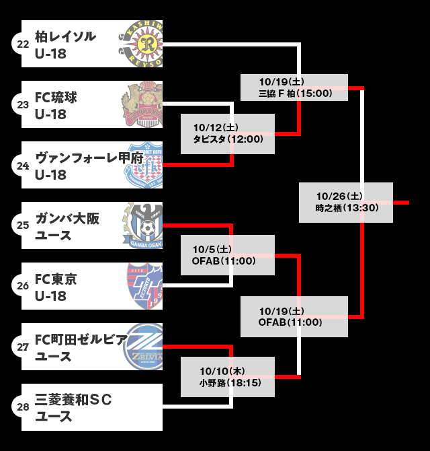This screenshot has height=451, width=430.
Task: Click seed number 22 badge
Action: pyautogui.click(x=23, y=44)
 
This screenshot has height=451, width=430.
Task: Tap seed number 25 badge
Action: pyautogui.click(x=23, y=225)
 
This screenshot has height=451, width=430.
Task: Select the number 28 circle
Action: pyautogui.click(x=23, y=407)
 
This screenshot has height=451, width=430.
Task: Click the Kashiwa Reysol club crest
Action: pyautogui.click(x=144, y=44)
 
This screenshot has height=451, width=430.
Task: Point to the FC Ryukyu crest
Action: pyautogui.click(x=143, y=104)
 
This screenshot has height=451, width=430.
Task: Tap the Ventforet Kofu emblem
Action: pyautogui.click(x=144, y=165)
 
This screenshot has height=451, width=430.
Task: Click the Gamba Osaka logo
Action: pyautogui.click(x=143, y=225)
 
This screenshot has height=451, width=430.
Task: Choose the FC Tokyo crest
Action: pyautogui.click(x=144, y=286)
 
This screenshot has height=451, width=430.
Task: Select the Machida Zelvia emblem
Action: pyautogui.click(x=143, y=347)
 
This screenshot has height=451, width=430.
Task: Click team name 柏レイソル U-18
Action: pyautogui.click(x=65, y=44)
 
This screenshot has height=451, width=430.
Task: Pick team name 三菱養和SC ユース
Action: pyautogui.click(x=73, y=408)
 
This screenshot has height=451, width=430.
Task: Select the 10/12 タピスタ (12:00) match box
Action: pyautogui.click(x=228, y=133)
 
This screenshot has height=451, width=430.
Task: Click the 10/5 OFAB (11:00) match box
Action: pyautogui.click(x=228, y=254)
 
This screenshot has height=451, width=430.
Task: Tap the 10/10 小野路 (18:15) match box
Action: pyautogui.click(x=228, y=376)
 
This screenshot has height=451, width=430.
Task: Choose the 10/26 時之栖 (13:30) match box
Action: pyautogui.click(x=346, y=202)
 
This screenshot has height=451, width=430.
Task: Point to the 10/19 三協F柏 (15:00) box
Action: pyautogui.click(x=294, y=87)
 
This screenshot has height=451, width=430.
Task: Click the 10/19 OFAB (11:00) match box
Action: pyautogui.click(x=294, y=316)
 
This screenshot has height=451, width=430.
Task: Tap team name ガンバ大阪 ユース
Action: pyautogui.click(x=67, y=226)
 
